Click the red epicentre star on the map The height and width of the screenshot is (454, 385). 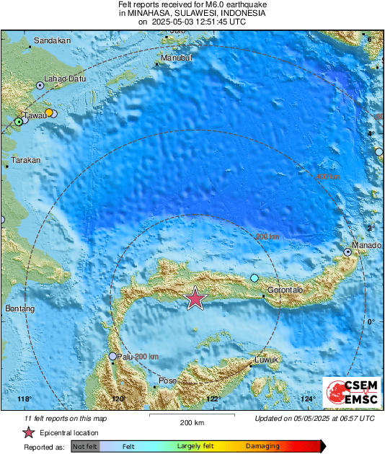point(195,298)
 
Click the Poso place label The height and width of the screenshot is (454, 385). point(167,380)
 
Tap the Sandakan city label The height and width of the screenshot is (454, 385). point(53,41)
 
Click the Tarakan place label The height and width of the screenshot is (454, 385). point(26,160)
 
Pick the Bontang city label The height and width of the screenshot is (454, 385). point(19,308)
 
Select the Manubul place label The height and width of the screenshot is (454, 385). point(176,58)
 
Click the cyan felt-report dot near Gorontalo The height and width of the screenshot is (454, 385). point(254,278)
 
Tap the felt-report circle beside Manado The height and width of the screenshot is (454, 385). point(348,252)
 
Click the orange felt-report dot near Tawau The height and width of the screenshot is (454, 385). point(48,112)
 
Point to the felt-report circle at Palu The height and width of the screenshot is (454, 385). point(112,356)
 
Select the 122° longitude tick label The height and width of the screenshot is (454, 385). point(213,399)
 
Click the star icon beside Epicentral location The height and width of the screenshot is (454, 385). point(29,432)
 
